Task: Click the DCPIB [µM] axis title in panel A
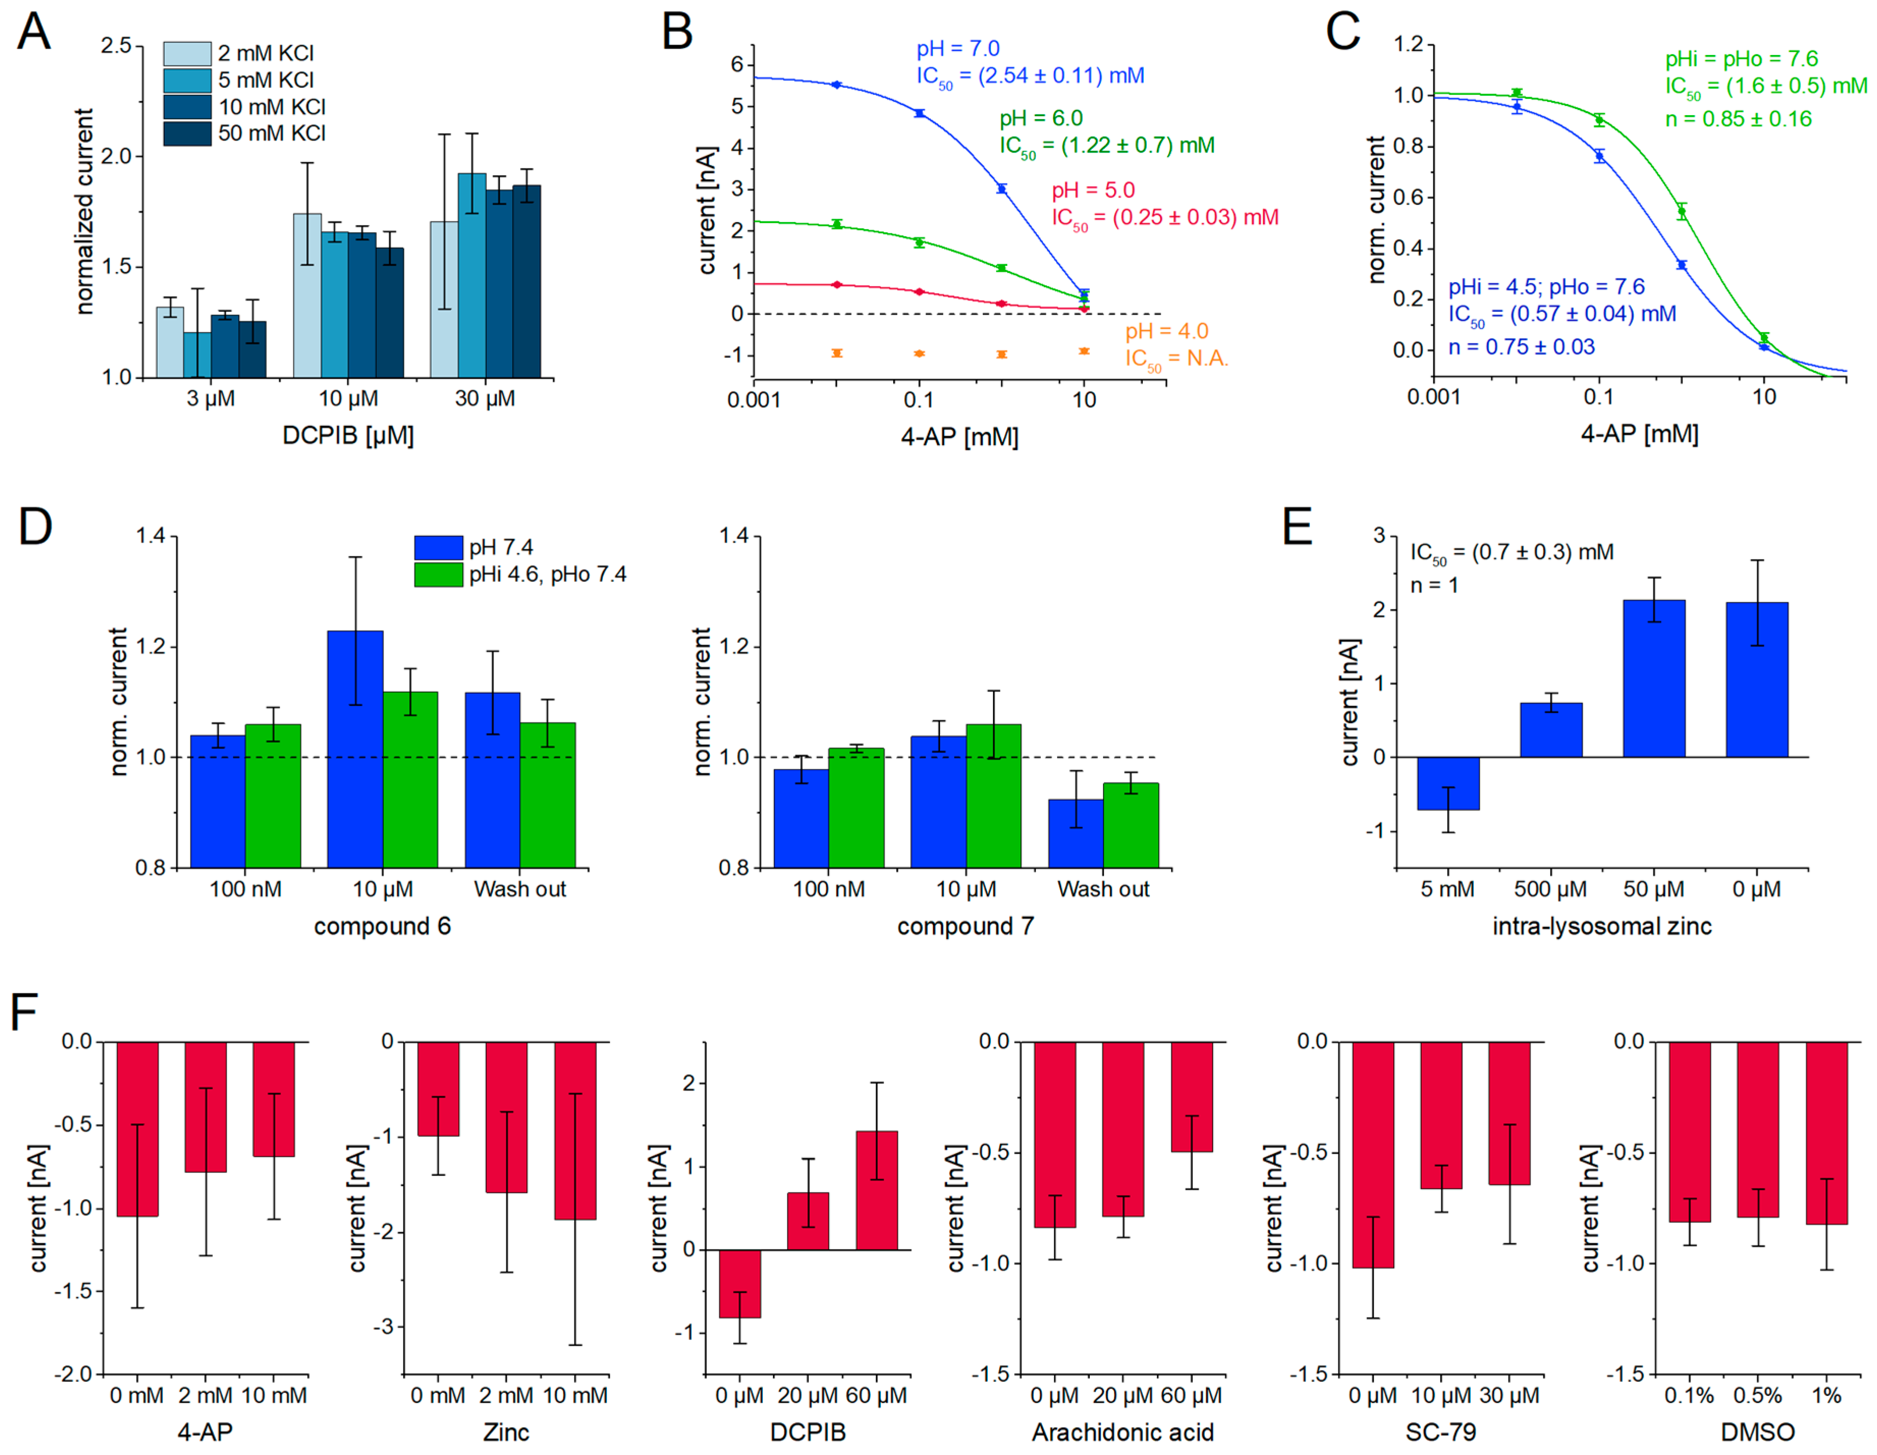(x=348, y=436)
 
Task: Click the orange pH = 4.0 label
(x=1166, y=331)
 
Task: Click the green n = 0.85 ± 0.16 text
(x=1738, y=120)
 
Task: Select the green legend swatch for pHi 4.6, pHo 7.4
(x=438, y=574)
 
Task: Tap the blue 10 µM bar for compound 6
(x=355, y=748)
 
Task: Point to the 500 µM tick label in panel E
(x=1551, y=889)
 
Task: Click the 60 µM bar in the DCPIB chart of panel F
(x=876, y=1190)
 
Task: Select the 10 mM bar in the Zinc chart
(x=575, y=1130)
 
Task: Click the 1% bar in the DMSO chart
(x=1826, y=1133)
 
